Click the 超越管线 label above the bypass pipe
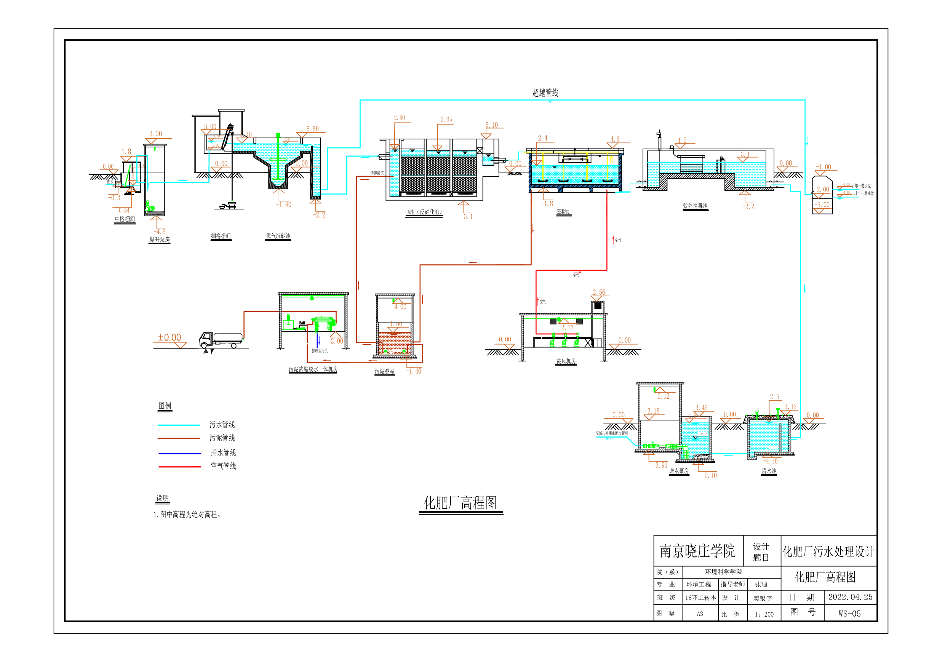tap(545, 93)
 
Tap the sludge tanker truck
tap(221, 340)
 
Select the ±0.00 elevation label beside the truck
tap(169, 337)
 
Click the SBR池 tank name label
tap(563, 211)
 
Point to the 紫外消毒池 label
tap(695, 206)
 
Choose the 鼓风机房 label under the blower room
tap(566, 361)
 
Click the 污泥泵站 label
tap(384, 371)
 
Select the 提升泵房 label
tap(159, 240)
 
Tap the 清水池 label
tap(769, 471)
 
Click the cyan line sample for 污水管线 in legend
tap(179, 425)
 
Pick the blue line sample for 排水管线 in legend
tap(179, 453)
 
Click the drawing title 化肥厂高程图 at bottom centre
tap(460, 503)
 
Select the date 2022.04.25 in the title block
tap(850, 597)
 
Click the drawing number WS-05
tap(849, 613)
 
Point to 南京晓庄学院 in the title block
tap(697, 551)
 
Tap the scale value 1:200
tap(764, 614)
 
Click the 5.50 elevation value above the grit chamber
tap(312, 129)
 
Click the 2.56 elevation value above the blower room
tap(599, 292)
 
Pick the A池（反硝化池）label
tap(424, 212)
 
